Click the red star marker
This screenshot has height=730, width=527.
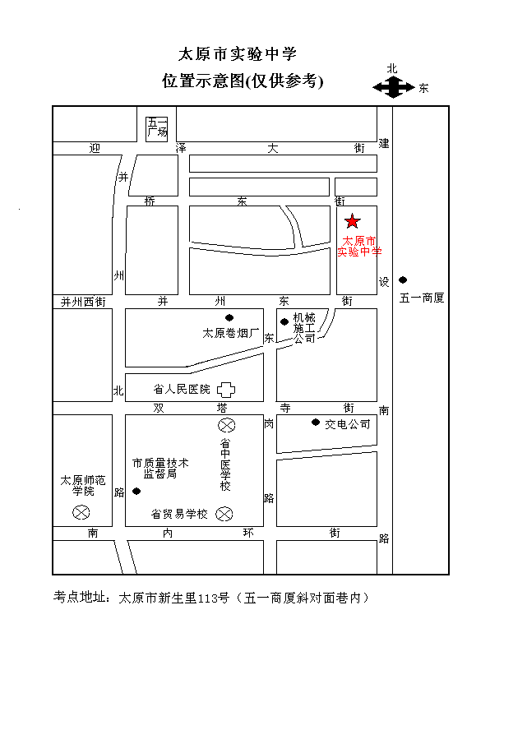[353, 220]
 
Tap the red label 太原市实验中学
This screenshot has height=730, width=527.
[359, 247]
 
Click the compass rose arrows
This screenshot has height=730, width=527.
[394, 87]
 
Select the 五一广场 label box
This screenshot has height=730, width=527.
[157, 127]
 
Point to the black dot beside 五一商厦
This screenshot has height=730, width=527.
[403, 280]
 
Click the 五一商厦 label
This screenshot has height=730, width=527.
[422, 298]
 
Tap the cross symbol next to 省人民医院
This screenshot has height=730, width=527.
[224, 389]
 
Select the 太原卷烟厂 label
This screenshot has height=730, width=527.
[231, 334]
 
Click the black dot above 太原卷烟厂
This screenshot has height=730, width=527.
[229, 318]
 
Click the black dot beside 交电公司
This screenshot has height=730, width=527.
[315, 423]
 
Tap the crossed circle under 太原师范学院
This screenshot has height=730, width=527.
[81, 512]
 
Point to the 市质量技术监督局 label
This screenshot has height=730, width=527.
[160, 469]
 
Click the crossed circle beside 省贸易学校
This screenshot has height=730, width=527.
[224, 514]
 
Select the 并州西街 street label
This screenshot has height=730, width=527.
[84, 302]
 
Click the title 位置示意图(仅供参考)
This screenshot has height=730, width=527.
[243, 81]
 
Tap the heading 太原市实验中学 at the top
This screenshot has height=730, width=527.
[238, 54]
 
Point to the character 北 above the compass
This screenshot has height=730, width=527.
[392, 69]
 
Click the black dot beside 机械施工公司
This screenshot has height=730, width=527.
[284, 321]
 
